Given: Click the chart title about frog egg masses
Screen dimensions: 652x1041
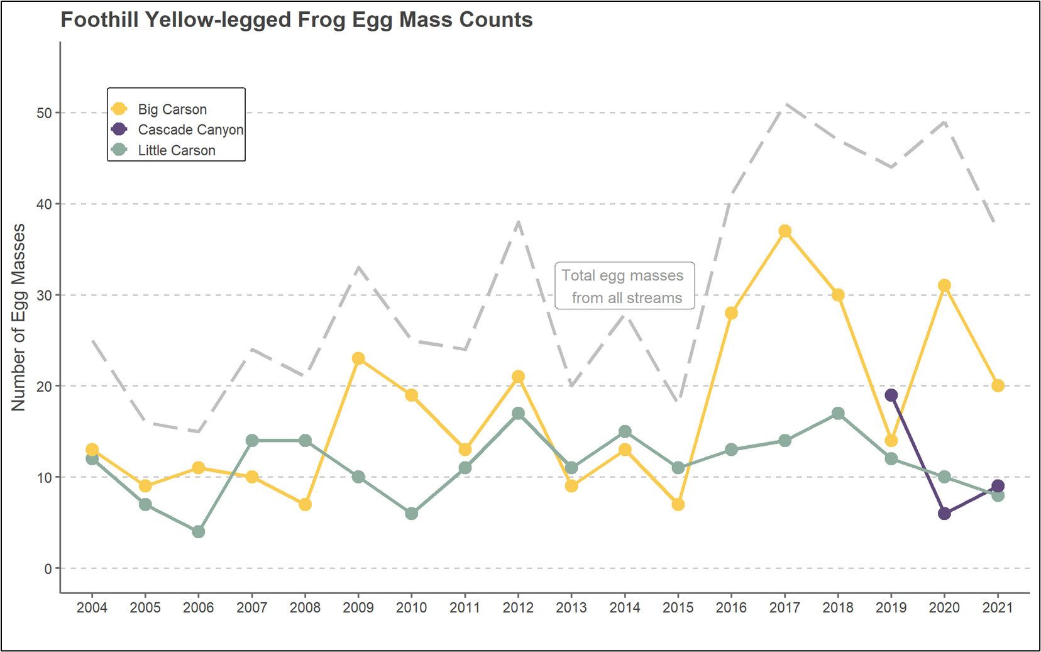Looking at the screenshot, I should [x=296, y=20].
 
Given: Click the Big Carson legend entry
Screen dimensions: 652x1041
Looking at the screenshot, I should [x=172, y=109].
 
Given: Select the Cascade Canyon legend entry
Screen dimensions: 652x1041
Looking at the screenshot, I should [x=190, y=130].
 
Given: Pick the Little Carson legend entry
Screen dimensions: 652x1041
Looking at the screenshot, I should [x=176, y=150].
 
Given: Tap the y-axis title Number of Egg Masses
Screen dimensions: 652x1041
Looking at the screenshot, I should [x=19, y=318].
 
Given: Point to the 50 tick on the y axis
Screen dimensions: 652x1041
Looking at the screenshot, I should [x=44, y=113].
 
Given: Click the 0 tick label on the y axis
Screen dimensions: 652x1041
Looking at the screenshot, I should [x=48, y=568].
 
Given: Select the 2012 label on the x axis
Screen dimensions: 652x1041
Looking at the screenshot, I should [x=518, y=607].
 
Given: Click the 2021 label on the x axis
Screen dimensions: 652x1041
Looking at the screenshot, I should [x=998, y=607].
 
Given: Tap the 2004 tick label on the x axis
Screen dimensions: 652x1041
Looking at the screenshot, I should [x=92, y=607].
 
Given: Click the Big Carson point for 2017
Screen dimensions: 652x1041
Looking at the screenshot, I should [x=785, y=231].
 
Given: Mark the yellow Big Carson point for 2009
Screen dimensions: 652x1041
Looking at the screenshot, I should [x=358, y=359].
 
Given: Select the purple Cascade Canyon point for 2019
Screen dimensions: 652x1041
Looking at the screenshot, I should [x=891, y=395].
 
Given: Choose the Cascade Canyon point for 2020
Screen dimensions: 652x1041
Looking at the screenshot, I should [x=944, y=514].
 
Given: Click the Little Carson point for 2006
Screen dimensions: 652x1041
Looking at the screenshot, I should [x=199, y=532].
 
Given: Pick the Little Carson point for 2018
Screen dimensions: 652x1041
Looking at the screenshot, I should [x=838, y=414].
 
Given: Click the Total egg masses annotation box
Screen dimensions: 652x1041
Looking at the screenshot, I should [x=625, y=286].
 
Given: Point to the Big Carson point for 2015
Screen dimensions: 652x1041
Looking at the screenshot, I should [x=678, y=504].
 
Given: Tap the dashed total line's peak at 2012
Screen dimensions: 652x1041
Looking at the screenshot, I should [x=518, y=222].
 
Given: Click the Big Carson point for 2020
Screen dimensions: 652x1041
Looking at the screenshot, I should [x=944, y=285].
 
